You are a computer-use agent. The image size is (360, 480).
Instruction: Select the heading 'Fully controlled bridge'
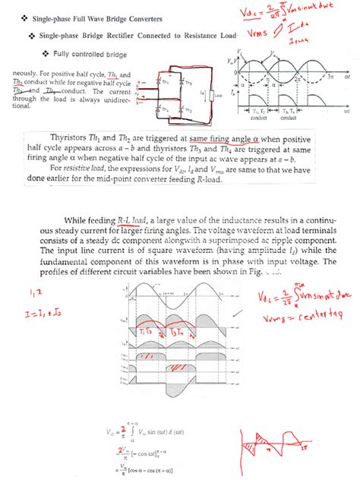coord(96,55)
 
